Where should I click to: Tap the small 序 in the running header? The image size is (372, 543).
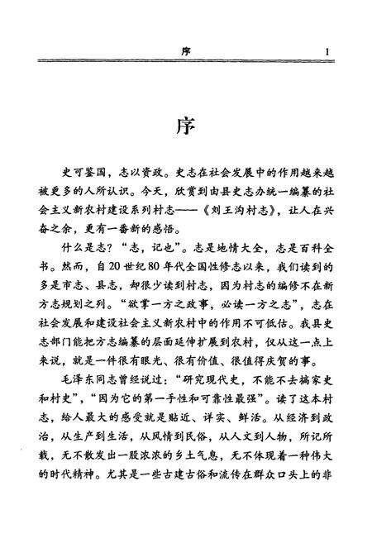click(185, 52)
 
